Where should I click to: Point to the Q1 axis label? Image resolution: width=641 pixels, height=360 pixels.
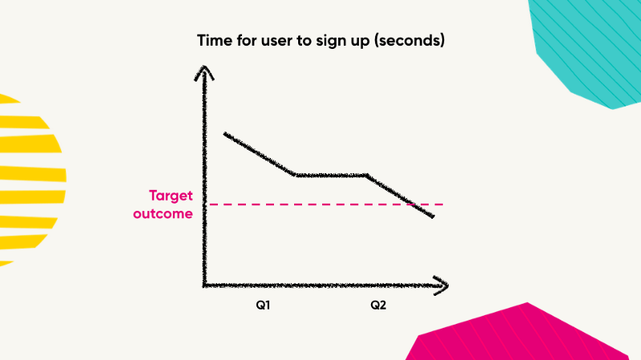(262, 305)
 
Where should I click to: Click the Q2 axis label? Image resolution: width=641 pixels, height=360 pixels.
(378, 305)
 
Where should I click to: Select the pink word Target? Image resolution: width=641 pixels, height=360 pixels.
(171, 196)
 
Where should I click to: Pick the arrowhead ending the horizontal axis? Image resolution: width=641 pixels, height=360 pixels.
(441, 285)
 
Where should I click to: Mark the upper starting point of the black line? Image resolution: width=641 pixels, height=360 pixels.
(225, 134)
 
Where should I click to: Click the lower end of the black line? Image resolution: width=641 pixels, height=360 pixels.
(433, 216)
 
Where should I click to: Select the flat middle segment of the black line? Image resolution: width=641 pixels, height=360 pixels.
(331, 175)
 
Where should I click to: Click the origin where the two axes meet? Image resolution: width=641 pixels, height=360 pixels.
(206, 285)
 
